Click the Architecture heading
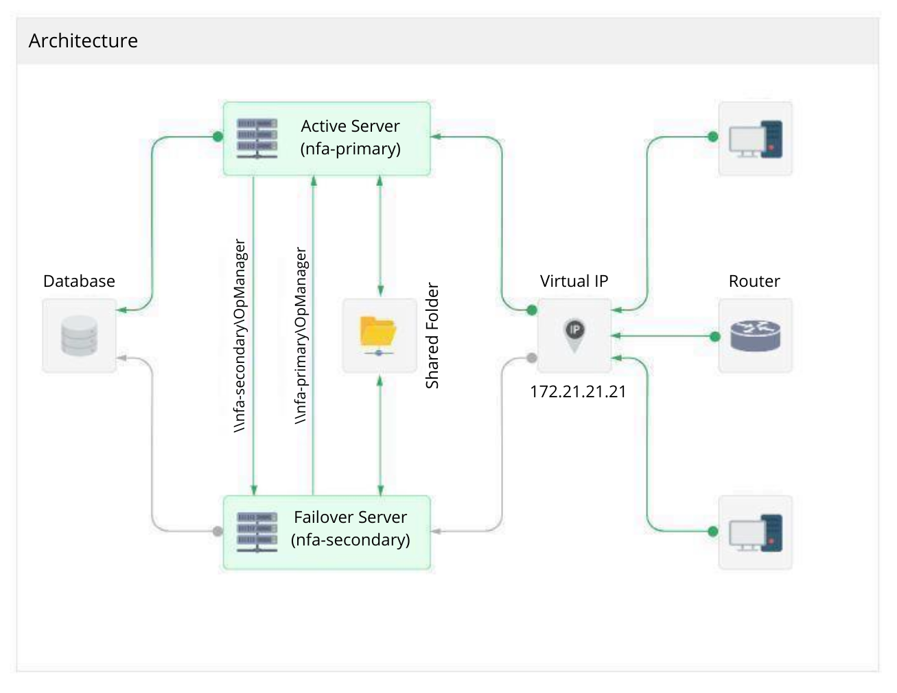83,40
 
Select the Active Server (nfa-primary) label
350,137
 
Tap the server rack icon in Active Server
257,138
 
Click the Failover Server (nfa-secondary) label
350,528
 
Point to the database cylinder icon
79,336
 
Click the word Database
79,281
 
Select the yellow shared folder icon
379,334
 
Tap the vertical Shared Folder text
432,336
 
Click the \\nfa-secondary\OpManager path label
240,335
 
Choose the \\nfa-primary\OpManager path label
301,336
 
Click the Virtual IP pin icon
574,335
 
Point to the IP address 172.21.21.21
578,392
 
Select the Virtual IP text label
574,281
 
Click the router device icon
755,336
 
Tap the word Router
754,281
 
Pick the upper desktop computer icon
755,139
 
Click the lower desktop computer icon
755,532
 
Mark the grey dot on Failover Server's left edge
218,531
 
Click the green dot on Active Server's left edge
218,137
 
